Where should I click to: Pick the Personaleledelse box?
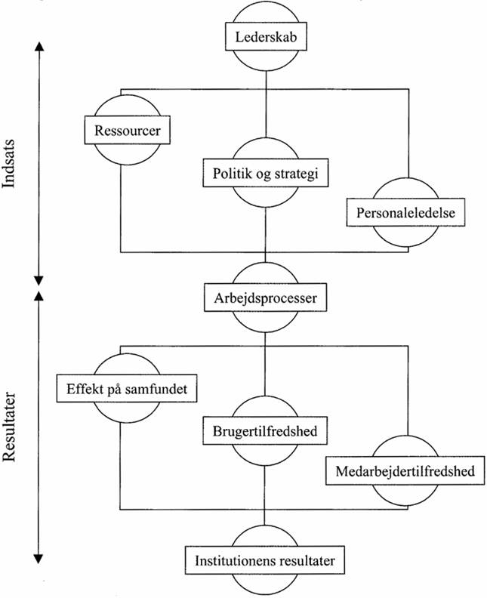pos(405,212)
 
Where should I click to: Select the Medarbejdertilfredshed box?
pos(405,471)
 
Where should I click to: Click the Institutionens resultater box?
pos(265,561)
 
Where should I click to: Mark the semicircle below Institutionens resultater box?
pos(265,583)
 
